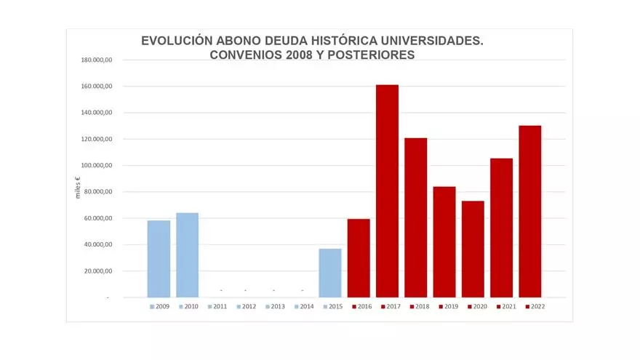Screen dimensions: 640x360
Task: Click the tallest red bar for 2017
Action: point(387,191)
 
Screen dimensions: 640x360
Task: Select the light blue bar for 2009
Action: point(159,259)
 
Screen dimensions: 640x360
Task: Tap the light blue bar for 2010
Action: point(188,255)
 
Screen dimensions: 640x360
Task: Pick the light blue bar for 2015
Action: point(330,273)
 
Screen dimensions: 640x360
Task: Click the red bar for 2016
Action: point(359,258)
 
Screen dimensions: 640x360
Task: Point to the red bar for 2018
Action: point(416,217)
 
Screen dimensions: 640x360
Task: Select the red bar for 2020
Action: point(473,249)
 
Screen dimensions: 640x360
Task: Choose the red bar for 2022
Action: point(530,212)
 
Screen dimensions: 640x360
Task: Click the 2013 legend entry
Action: point(275,306)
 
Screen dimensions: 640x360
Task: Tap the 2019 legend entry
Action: point(449,306)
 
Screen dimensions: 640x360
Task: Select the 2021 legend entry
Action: point(506,306)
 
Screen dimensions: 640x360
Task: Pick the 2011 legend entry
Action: point(217,306)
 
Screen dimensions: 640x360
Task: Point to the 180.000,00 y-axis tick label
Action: point(96,60)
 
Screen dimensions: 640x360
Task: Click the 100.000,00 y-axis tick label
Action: point(96,165)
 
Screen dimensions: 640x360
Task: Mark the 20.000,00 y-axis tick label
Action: point(98,271)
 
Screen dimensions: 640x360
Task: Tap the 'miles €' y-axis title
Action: point(78,188)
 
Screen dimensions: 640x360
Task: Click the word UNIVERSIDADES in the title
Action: point(432,41)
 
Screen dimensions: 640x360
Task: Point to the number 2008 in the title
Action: point(300,55)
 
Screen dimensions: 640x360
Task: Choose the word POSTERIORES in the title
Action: point(371,55)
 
